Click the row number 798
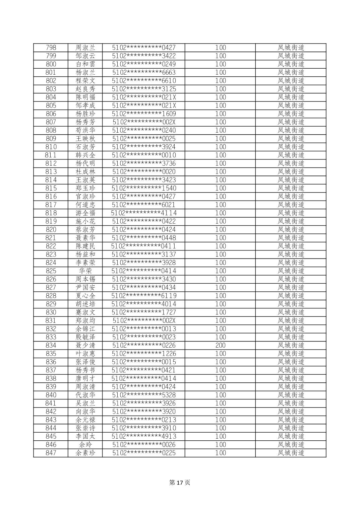pyautogui.click(x=51, y=48)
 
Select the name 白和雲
pyautogui.click(x=85, y=64)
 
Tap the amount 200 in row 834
pyautogui.click(x=220, y=345)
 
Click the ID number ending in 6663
pyautogui.click(x=144, y=72)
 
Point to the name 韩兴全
pyautogui.click(x=85, y=155)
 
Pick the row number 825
pyautogui.click(x=51, y=271)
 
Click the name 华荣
pyautogui.click(x=85, y=271)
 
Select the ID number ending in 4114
pyautogui.click(x=144, y=213)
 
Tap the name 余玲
pyautogui.click(x=85, y=445)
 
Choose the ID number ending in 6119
pyautogui.click(x=144, y=296)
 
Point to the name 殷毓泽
pyautogui.click(x=85, y=337)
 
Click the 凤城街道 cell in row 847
pyautogui.click(x=291, y=453)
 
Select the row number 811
pyautogui.click(x=51, y=155)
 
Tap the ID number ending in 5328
pyautogui.click(x=144, y=395)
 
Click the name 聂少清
pyautogui.click(x=85, y=345)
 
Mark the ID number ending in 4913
pyautogui.click(x=144, y=436)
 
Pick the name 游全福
pyautogui.click(x=85, y=213)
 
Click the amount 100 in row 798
pyautogui.click(x=220, y=48)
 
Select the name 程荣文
pyautogui.click(x=85, y=81)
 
